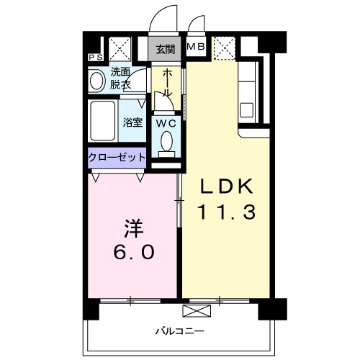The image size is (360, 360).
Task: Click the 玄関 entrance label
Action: click(x=165, y=50)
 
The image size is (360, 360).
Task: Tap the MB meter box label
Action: click(x=195, y=48)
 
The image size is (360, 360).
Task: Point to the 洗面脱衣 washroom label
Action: click(x=120, y=78)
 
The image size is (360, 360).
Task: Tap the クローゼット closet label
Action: click(x=117, y=157)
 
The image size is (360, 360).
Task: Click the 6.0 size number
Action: click(x=133, y=255)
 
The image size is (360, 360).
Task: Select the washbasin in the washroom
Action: click(x=96, y=81)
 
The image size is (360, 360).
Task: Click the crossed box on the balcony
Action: click(x=195, y=310)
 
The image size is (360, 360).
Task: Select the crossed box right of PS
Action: click(x=118, y=49)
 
